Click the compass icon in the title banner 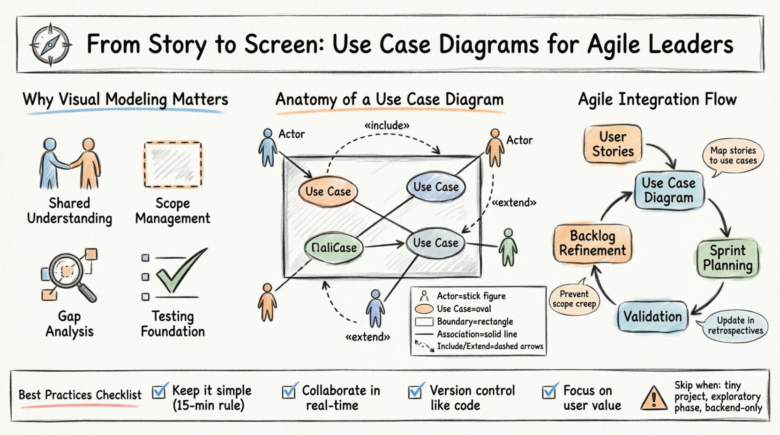pyautogui.click(x=50, y=45)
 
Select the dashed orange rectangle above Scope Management pyautogui.click(x=172, y=164)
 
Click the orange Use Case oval pyautogui.click(x=328, y=191)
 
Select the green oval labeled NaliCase pyautogui.click(x=334, y=247)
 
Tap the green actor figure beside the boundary pyautogui.click(x=508, y=247)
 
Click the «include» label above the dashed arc pyautogui.click(x=387, y=126)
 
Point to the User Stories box pyautogui.click(x=613, y=144)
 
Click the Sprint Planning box pyautogui.click(x=727, y=258)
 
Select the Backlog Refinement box pyautogui.click(x=592, y=243)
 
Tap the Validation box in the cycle pyautogui.click(x=652, y=317)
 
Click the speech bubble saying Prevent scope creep pyautogui.click(x=574, y=299)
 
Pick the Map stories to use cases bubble pyautogui.click(x=733, y=156)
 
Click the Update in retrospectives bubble pyautogui.click(x=735, y=325)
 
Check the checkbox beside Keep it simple pyautogui.click(x=159, y=391)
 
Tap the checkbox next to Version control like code pyautogui.click(x=415, y=391)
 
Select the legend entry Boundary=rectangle pyautogui.click(x=474, y=322)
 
